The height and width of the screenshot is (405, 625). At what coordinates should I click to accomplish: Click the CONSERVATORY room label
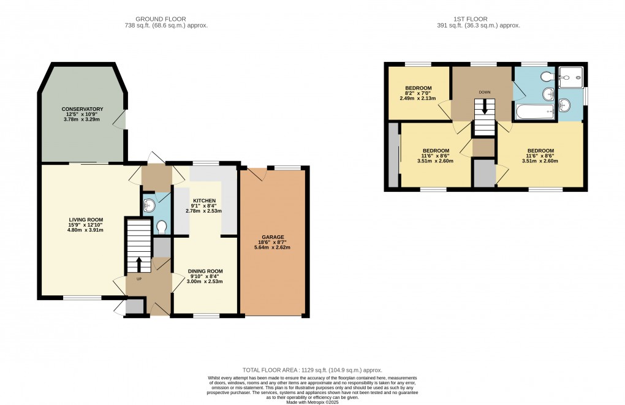pyautogui.click(x=82, y=109)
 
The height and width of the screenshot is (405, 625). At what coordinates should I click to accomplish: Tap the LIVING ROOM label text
pyautogui.click(x=86, y=219)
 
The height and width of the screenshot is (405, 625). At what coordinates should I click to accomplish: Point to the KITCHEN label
pyautogui.click(x=203, y=200)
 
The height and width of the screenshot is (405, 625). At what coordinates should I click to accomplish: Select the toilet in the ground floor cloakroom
pyautogui.click(x=162, y=227)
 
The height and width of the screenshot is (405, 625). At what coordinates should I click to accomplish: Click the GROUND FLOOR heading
pyautogui.click(x=165, y=19)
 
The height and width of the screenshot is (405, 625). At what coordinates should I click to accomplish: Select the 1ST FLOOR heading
pyautogui.click(x=485, y=19)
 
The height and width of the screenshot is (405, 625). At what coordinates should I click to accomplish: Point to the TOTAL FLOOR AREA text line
pyautogui.click(x=312, y=370)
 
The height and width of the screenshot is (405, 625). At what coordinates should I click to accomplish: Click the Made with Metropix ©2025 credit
pyautogui.click(x=312, y=401)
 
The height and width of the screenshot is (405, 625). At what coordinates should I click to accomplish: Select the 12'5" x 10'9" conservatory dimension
pyautogui.click(x=82, y=115)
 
